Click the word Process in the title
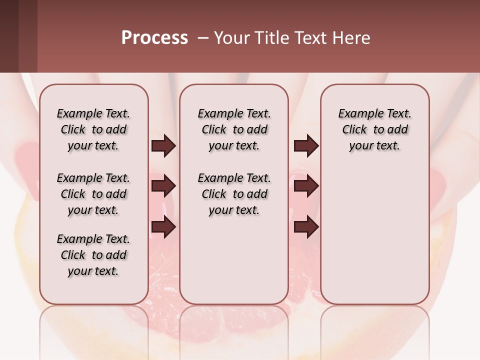tap(154, 38)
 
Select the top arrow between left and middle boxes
tap(163, 146)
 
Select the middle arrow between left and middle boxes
tap(163, 186)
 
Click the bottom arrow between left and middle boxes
tap(163, 227)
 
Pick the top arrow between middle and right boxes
tap(306, 146)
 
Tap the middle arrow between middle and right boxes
tap(306, 186)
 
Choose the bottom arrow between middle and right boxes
tap(306, 227)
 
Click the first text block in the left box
tap(93, 129)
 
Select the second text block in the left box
tap(93, 194)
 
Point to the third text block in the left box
tap(93, 255)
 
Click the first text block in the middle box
tap(234, 129)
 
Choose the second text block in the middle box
tap(234, 194)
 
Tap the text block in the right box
tap(374, 129)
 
